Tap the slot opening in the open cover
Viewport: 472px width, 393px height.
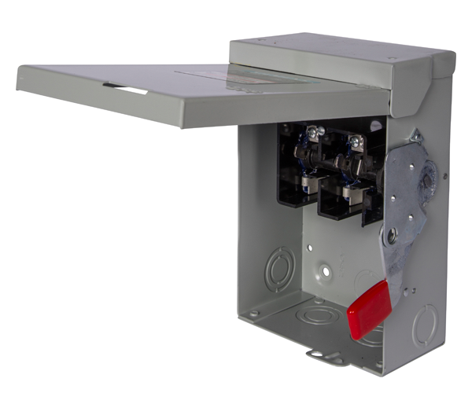pyautogui.click(x=130, y=90)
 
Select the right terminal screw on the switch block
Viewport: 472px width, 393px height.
pyautogui.click(x=356, y=141)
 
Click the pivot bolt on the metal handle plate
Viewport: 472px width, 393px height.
pyautogui.click(x=392, y=233)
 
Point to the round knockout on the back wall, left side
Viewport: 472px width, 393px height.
pyautogui.click(x=278, y=270)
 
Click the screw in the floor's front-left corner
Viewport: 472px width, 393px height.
pyautogui.click(x=253, y=314)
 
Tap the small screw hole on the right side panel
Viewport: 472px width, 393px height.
pyautogui.click(x=444, y=176)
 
